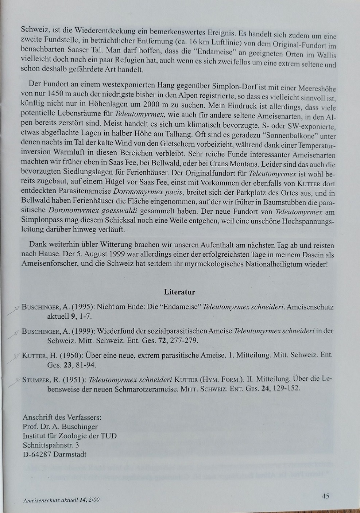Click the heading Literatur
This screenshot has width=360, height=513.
click(179, 292)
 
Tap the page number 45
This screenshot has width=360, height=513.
click(325, 495)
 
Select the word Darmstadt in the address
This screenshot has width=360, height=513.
click(70, 454)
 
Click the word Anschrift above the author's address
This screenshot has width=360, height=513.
click(37, 417)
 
